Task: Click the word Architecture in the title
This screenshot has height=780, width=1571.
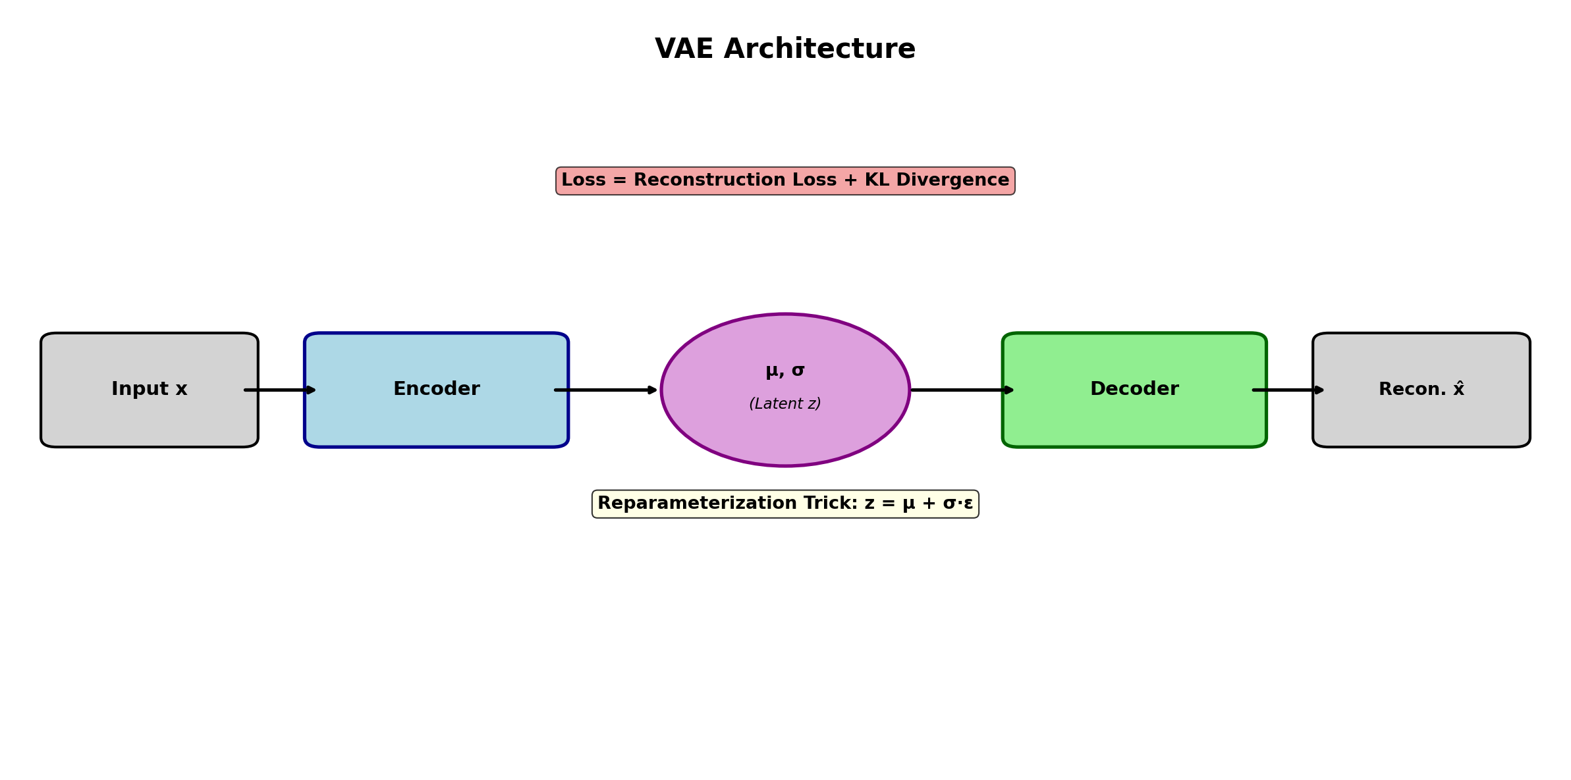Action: [819, 49]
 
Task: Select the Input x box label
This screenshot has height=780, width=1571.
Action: [150, 389]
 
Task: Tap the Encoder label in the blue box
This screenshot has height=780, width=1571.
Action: [436, 389]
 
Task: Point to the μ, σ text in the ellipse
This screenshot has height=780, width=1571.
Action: [785, 371]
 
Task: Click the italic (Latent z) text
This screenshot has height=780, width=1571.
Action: [785, 404]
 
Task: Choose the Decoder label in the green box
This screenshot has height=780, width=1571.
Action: [1134, 389]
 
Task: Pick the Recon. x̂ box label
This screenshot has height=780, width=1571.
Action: [1421, 389]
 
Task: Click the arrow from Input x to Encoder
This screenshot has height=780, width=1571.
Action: [280, 390]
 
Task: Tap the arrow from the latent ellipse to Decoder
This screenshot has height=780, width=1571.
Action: [962, 390]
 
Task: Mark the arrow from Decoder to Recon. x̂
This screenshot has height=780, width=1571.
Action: [1288, 390]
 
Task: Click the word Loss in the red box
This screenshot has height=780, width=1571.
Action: [584, 180]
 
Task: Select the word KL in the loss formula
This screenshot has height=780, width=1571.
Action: [877, 180]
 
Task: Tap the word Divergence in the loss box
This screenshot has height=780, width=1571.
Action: [952, 180]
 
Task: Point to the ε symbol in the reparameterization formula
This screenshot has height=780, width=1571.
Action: [968, 504]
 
